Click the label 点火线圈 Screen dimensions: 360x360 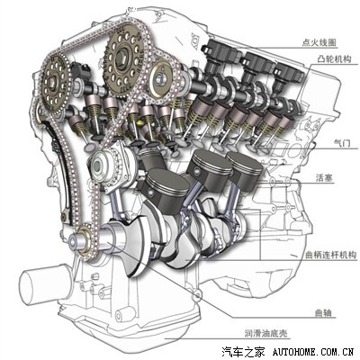pyautogui.click(x=319, y=42)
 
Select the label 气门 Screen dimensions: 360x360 pyautogui.click(x=342, y=143)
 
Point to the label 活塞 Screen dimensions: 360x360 pyautogui.click(x=324, y=178)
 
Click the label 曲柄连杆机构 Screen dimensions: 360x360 pyautogui.click(x=330, y=256)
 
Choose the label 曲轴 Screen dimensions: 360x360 pyautogui.click(x=323, y=313)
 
